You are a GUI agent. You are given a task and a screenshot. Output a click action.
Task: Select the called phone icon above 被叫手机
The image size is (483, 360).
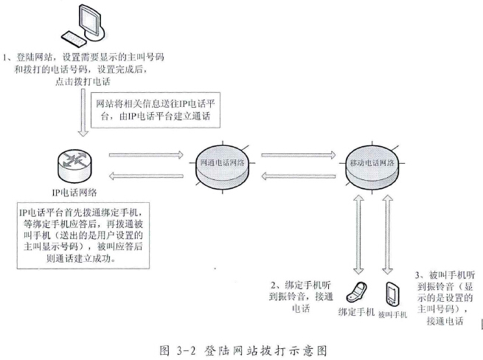coord(390,291)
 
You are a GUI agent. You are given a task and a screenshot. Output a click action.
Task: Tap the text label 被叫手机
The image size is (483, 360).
coord(392,313)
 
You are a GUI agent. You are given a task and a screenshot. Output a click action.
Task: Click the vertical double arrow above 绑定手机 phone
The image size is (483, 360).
coord(358,232)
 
